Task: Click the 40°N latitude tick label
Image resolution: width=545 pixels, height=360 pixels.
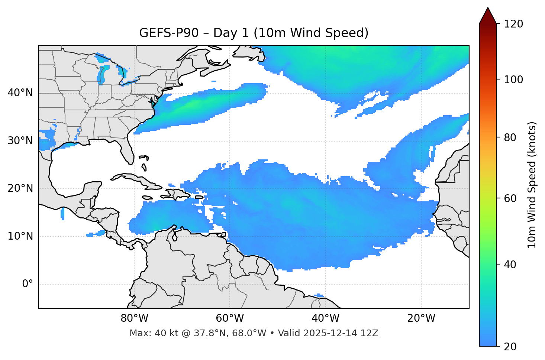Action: coord(20,93)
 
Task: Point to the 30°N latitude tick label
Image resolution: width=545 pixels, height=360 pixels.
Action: coord(20,141)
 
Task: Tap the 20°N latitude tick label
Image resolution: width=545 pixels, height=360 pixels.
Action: coord(20,188)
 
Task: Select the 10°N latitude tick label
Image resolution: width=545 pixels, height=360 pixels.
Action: coord(20,236)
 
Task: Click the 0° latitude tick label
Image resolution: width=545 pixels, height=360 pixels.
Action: coord(27,284)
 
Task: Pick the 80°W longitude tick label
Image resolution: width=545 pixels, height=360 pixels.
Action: coord(134,318)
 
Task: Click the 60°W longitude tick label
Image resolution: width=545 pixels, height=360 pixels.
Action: coord(230,318)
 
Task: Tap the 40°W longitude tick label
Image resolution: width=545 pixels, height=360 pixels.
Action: coord(326,318)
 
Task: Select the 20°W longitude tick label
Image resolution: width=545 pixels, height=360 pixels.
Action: coord(421,318)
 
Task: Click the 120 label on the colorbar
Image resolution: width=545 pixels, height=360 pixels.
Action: coord(513,24)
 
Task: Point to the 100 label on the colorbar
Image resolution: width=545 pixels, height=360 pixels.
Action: coord(513,80)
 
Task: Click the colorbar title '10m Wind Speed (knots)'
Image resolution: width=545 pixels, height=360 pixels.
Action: coord(532,185)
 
